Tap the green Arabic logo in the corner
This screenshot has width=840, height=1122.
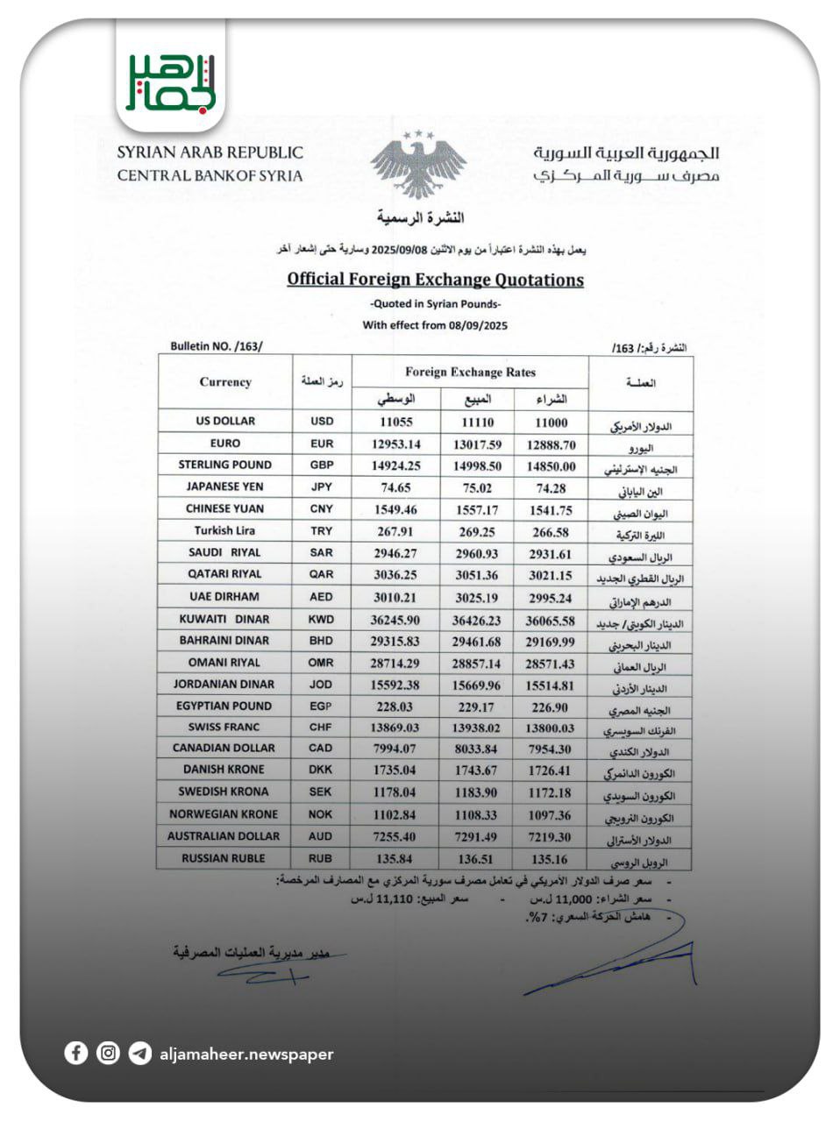pos(170,82)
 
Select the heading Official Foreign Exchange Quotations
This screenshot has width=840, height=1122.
pos(435,280)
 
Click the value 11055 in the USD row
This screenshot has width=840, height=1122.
pos(396,423)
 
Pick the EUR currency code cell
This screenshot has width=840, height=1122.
pos(322,444)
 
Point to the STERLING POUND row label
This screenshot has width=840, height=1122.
pos(225,465)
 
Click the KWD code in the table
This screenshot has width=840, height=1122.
pos(322,618)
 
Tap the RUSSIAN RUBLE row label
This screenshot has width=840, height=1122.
pos(223,858)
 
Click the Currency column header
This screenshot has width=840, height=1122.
pos(225,382)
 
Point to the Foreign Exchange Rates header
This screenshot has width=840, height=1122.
pos(470,372)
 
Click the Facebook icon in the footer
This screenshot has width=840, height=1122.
pos(76,1053)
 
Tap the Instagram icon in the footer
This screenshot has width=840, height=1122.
pos(108,1053)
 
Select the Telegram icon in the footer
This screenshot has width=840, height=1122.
pos(139,1053)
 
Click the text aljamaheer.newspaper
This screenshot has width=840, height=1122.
pos(247,1055)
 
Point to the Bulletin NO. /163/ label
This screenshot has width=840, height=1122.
pos(217,346)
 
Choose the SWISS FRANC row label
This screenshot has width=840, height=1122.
pos(224,727)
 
